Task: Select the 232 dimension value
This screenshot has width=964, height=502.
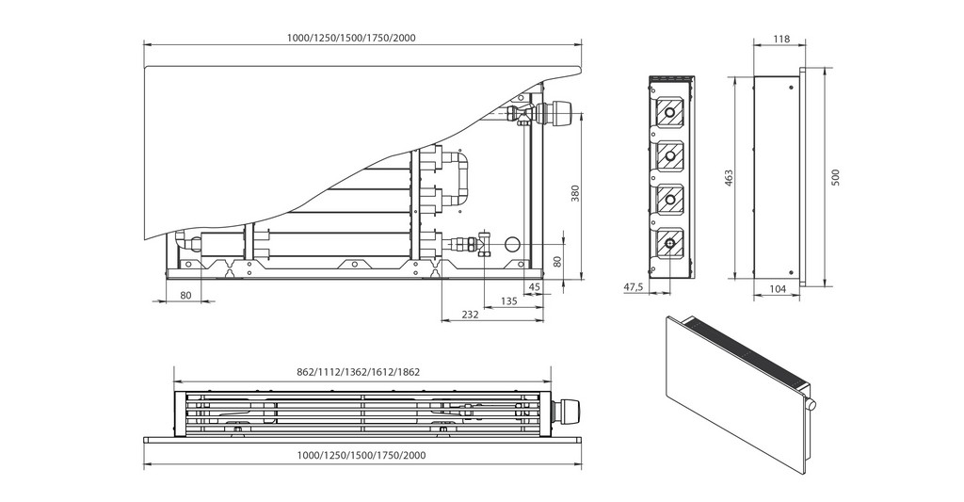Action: [x=471, y=314]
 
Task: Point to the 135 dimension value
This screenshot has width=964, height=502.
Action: [x=508, y=301]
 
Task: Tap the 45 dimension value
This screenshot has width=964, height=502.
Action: [x=535, y=286]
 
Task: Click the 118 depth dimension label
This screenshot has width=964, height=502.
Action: [x=780, y=39]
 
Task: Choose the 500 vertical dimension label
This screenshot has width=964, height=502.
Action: [x=835, y=176]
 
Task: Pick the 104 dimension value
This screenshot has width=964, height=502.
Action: [x=777, y=290]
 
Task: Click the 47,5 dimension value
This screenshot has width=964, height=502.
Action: [x=633, y=286]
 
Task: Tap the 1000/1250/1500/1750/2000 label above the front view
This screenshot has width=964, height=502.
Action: [x=351, y=38]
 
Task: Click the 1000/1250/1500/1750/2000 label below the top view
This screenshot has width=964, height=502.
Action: [x=362, y=455]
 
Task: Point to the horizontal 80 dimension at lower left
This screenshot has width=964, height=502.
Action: [x=185, y=296]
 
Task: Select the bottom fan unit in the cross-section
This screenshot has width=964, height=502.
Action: [x=669, y=242]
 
